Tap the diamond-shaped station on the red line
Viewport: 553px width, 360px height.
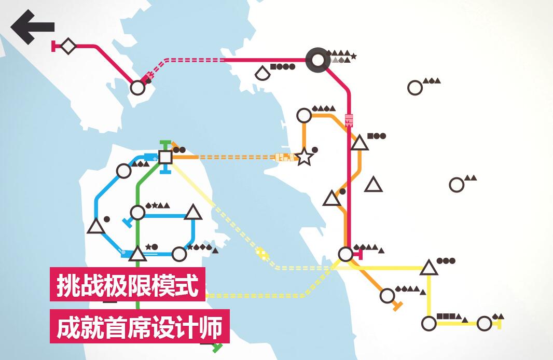click(x=68, y=46)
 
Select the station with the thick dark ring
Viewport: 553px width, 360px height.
click(x=318, y=60)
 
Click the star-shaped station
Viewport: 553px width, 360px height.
click(x=303, y=157)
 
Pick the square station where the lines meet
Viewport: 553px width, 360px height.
click(x=165, y=157)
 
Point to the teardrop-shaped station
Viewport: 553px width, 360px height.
click(x=262, y=73)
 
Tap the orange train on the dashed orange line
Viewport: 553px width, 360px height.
click(x=285, y=157)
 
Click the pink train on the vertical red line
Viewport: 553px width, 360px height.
click(x=349, y=120)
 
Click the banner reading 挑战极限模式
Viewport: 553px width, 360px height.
click(x=127, y=285)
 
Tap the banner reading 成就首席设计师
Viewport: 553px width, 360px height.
click(x=140, y=326)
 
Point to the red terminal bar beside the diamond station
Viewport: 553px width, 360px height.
click(x=53, y=46)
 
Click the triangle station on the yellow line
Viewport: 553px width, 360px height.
click(x=429, y=268)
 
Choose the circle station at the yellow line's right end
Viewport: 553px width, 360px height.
click(x=484, y=323)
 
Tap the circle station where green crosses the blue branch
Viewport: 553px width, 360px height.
click(x=137, y=212)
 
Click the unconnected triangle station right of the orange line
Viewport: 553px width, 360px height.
click(x=373, y=184)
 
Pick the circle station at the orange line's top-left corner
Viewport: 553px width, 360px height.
click(x=304, y=115)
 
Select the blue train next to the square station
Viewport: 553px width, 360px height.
click(x=151, y=157)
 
